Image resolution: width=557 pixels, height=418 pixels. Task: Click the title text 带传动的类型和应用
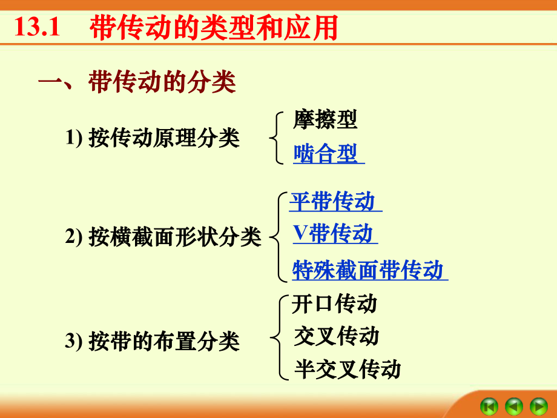click(213, 28)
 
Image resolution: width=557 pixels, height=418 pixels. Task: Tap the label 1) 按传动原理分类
click(153, 138)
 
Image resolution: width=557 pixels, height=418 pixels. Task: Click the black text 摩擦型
click(325, 119)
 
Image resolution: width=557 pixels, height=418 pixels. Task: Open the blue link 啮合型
click(327, 154)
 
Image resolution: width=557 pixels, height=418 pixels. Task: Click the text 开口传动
click(334, 304)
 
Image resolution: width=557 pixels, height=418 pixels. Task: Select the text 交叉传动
click(337, 336)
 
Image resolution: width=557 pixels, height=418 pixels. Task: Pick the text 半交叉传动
click(348, 369)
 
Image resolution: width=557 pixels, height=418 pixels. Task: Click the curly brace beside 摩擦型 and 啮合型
click(276, 138)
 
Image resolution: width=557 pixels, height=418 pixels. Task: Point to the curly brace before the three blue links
click(278, 236)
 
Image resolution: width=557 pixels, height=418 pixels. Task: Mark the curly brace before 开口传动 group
click(278, 337)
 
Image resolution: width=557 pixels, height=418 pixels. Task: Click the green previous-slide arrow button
click(514, 405)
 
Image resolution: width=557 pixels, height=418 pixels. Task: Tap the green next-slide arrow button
click(538, 405)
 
